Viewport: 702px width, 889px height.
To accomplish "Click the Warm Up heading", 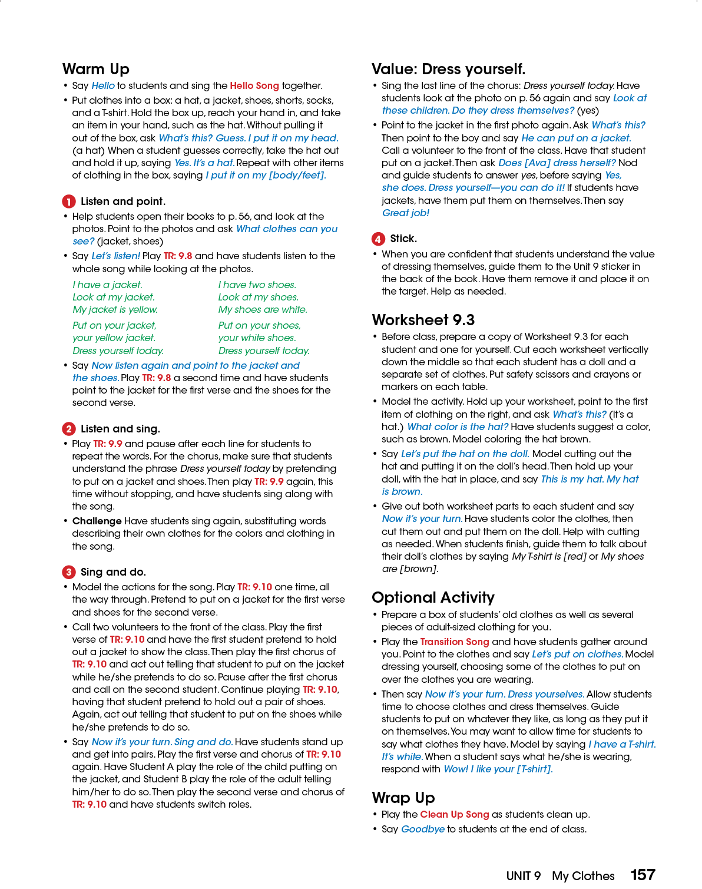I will click(95, 69).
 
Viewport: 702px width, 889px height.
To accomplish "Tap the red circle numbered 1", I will click(68, 201).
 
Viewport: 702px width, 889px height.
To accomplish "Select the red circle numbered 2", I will click(68, 429).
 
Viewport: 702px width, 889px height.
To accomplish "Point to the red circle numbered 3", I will click(68, 572).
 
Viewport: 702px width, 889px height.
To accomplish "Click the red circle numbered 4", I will click(378, 239).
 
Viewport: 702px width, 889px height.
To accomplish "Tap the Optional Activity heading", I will click(433, 597).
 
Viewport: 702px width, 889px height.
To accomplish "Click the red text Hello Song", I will click(254, 86).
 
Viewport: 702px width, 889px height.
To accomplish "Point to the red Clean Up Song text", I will click(454, 814).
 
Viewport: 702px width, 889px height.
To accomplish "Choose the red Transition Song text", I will click(454, 642).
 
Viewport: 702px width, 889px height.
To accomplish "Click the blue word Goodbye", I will click(422, 829).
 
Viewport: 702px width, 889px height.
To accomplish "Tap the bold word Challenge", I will click(97, 521).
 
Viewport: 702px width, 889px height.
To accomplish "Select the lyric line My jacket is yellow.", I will click(115, 310).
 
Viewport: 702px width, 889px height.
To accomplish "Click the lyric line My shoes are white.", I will click(263, 310).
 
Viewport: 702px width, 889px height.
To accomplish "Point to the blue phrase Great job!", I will click(405, 213).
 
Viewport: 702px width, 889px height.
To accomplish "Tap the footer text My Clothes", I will click(582, 876).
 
